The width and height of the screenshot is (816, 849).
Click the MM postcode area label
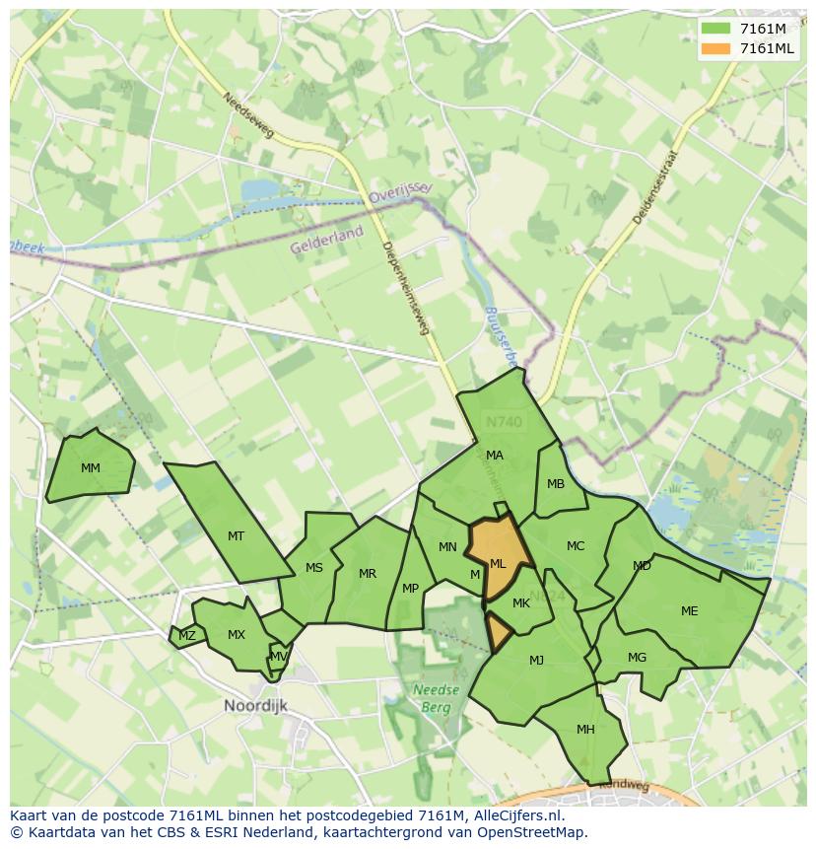point(91,468)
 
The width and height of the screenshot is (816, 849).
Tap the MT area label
point(236,536)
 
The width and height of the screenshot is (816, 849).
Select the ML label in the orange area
point(498,564)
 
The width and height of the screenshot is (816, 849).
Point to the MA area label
point(495,456)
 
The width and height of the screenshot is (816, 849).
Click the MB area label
point(556,484)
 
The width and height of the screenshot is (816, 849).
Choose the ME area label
point(689,611)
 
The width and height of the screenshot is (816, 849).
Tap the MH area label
point(585,730)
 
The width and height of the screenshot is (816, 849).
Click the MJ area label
point(536,661)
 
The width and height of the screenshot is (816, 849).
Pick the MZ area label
point(186,636)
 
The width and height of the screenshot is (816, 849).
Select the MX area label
point(236,635)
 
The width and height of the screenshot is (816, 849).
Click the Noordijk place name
point(258,706)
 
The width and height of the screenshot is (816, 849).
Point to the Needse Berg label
point(436,698)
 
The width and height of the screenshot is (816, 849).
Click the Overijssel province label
point(401,191)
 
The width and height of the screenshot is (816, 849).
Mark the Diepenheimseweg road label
point(406,288)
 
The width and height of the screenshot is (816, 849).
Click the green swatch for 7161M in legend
point(716,29)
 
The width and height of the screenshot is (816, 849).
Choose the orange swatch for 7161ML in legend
point(716,49)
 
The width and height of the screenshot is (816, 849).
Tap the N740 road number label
point(504,422)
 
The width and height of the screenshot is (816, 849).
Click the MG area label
point(637,658)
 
